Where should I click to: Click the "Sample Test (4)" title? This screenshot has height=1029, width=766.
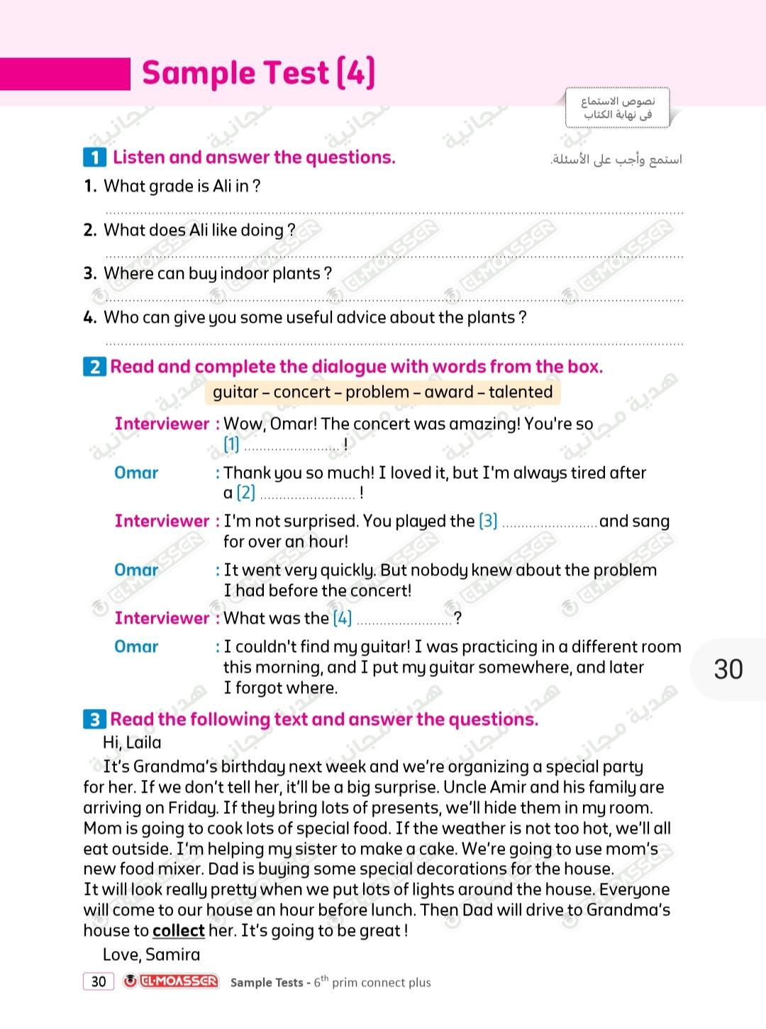tap(258, 73)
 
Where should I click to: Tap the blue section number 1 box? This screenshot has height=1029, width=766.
tap(94, 158)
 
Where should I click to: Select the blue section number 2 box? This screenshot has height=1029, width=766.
tap(94, 367)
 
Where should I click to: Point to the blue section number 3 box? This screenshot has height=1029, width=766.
tap(94, 720)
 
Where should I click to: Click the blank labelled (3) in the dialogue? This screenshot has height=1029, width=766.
tap(549, 523)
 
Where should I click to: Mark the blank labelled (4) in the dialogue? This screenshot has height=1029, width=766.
tap(404, 620)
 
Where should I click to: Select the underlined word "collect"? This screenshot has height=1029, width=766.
tap(178, 930)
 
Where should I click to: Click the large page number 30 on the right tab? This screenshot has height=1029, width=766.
tap(728, 669)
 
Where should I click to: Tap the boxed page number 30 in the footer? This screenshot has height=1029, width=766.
tap(99, 981)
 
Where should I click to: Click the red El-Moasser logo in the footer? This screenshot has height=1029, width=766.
tap(171, 981)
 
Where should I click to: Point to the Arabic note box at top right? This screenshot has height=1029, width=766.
tap(617, 108)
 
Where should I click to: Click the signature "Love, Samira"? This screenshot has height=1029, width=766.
tap(151, 954)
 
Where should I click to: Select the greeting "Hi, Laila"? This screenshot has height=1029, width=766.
tap(132, 742)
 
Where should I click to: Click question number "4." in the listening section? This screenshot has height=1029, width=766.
tap(90, 317)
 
